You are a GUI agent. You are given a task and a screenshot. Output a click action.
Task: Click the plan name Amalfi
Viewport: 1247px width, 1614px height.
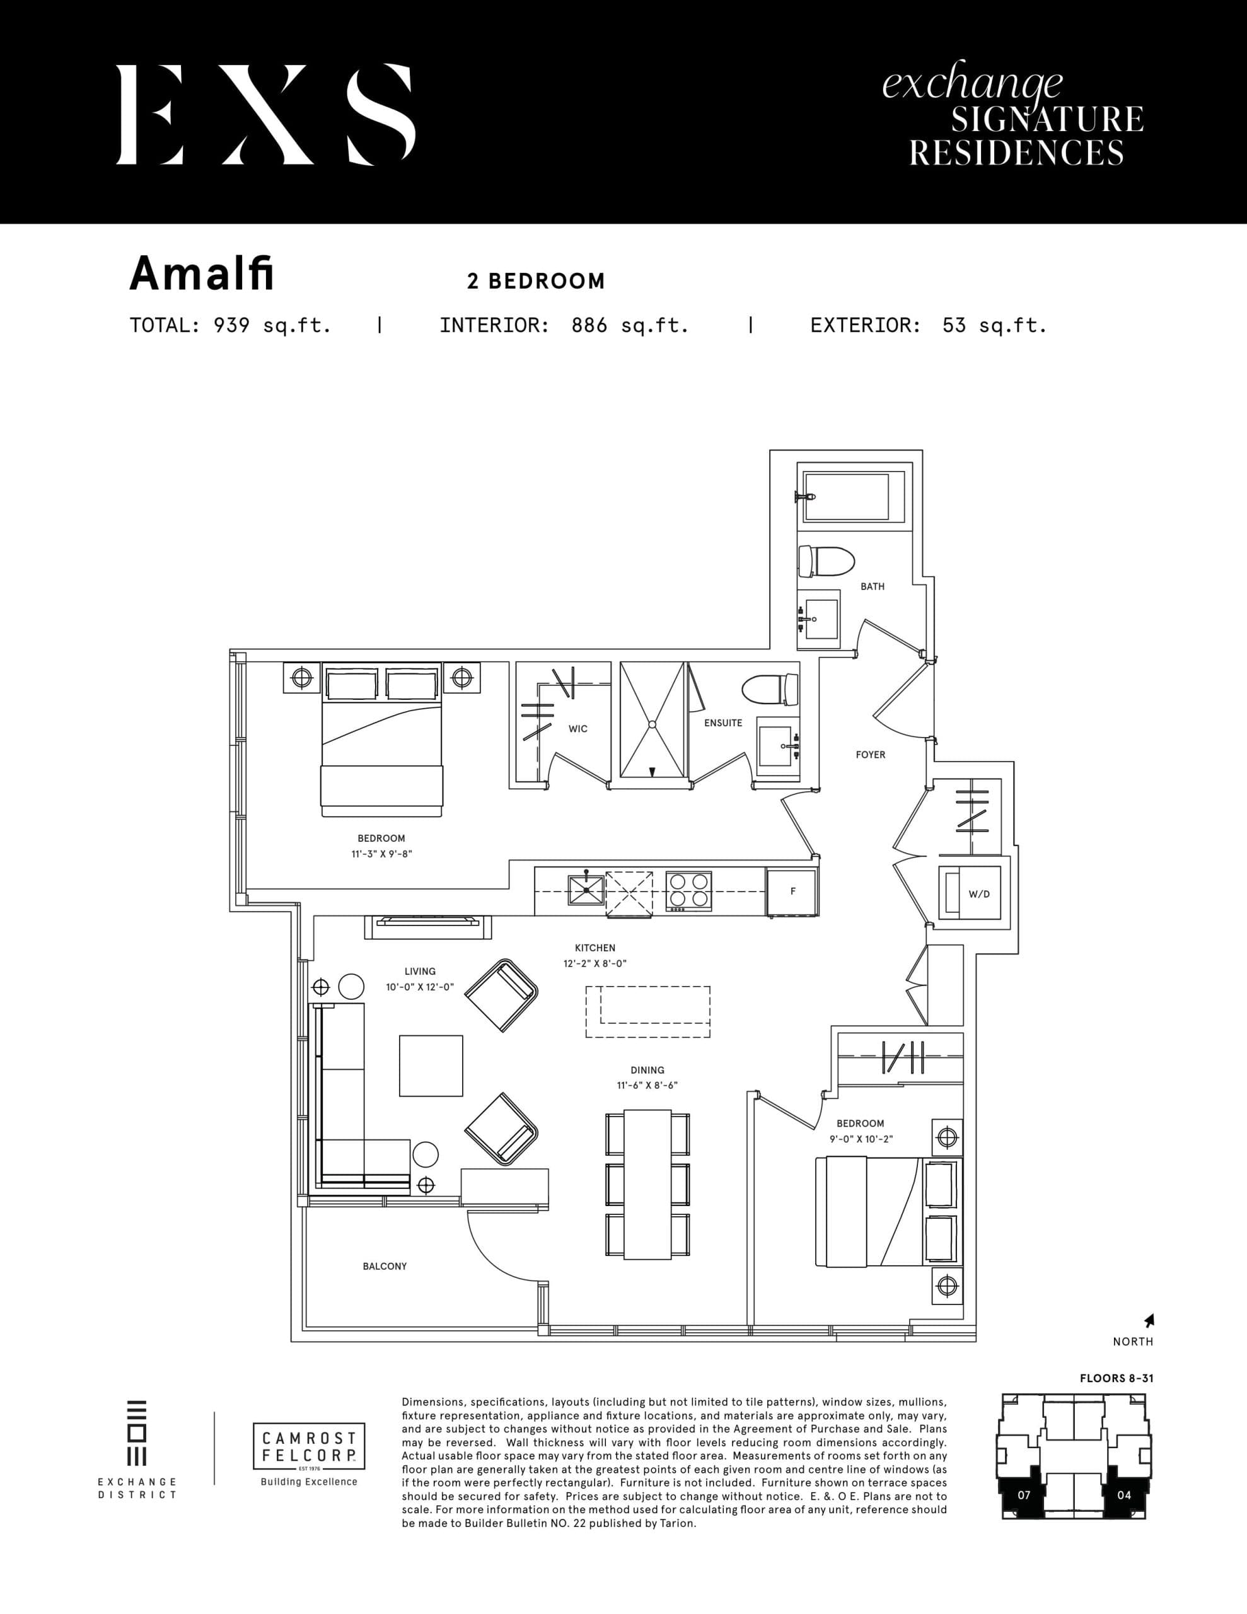(x=201, y=274)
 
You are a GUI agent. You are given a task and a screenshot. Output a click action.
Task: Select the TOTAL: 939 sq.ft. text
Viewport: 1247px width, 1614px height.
(x=230, y=326)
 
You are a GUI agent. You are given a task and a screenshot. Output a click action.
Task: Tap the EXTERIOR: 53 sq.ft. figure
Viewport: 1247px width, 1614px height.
(x=929, y=326)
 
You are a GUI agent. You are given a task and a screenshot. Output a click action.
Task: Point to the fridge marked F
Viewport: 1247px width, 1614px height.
(x=792, y=891)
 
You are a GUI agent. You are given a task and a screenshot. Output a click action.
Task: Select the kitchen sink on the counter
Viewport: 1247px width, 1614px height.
(x=586, y=890)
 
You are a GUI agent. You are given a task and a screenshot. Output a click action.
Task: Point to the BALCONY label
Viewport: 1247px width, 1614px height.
(x=385, y=1266)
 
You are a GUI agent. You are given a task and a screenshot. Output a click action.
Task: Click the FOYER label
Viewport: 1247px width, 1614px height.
(x=870, y=755)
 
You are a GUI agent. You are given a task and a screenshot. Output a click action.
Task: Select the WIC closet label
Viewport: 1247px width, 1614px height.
(x=577, y=729)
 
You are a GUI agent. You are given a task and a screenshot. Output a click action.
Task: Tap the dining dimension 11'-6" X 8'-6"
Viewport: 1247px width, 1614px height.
(x=647, y=1086)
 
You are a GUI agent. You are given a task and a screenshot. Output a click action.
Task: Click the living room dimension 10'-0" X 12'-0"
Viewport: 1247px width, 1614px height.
(x=419, y=987)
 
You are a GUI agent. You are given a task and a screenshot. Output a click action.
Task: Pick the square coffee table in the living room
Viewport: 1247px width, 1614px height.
(x=431, y=1065)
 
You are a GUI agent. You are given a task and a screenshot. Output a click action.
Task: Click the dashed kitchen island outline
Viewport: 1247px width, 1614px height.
(x=647, y=1011)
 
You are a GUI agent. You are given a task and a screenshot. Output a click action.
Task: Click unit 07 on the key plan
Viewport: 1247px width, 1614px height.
(x=1024, y=1494)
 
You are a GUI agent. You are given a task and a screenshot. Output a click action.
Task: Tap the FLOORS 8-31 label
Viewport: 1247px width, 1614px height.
(x=1116, y=1378)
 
